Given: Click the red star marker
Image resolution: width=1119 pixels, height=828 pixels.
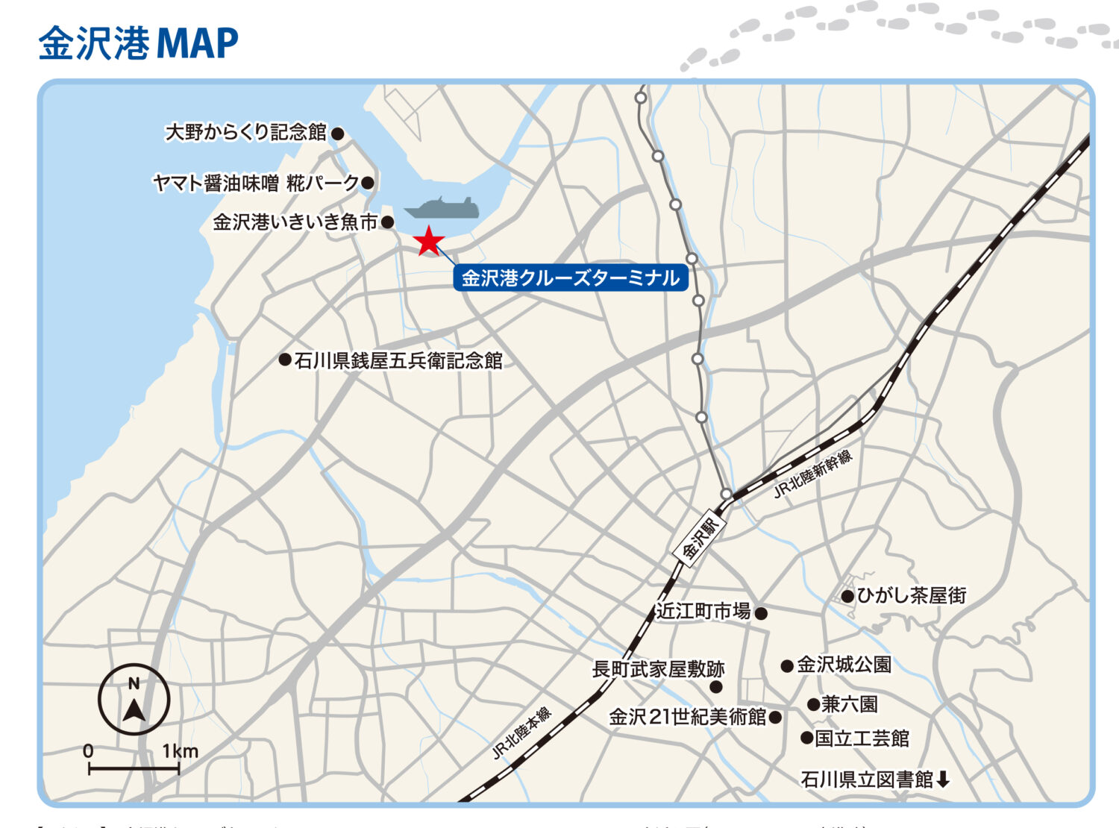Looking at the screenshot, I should click(x=429, y=241).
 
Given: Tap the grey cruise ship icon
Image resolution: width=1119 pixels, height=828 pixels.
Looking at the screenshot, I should click(x=442, y=208).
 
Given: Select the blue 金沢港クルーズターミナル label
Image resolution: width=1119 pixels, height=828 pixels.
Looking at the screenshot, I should click(x=570, y=277).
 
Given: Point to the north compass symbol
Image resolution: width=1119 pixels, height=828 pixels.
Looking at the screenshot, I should click(x=134, y=700).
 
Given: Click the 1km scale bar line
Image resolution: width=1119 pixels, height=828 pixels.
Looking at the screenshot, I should click(x=134, y=768).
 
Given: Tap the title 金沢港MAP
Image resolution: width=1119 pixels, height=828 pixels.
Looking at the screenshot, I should click(x=138, y=43).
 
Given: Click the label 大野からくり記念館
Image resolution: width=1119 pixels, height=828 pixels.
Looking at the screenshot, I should click(x=245, y=133).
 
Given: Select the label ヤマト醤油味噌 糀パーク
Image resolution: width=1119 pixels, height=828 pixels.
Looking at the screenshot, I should click(x=256, y=183).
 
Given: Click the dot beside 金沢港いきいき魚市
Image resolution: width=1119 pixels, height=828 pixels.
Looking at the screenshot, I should click(x=387, y=222).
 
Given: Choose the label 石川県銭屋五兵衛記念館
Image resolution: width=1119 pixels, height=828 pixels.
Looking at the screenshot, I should click(x=398, y=361).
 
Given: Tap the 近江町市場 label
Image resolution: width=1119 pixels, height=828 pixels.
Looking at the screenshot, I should click(x=703, y=612).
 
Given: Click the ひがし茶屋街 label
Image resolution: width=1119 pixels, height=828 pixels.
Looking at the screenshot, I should click(x=911, y=595).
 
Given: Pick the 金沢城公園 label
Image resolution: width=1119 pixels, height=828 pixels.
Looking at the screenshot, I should click(x=844, y=665).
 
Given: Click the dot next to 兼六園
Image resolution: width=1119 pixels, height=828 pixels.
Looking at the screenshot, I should click(x=813, y=705).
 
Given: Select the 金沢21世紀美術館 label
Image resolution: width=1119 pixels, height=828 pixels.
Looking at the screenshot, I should click(x=687, y=717).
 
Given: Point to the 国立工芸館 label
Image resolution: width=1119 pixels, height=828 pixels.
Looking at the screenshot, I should click(x=862, y=738).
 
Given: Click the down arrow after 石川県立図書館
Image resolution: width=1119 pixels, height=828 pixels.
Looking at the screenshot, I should click(x=944, y=780).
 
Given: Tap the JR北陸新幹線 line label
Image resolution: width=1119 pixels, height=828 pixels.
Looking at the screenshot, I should click(x=813, y=474).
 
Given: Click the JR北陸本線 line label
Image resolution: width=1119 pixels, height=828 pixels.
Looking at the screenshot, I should click(x=522, y=733).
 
